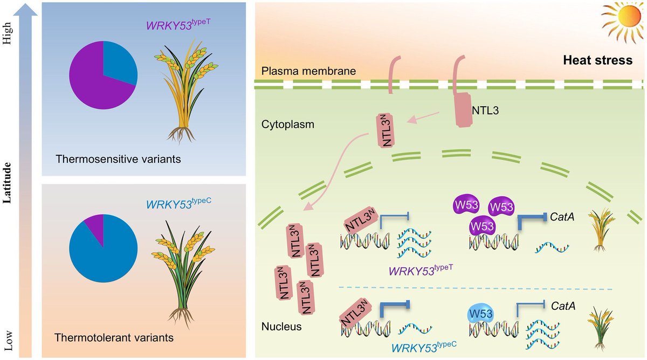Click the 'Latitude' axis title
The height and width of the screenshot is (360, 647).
(8, 183)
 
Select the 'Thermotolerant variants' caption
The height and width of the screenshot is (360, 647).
(114, 338)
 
